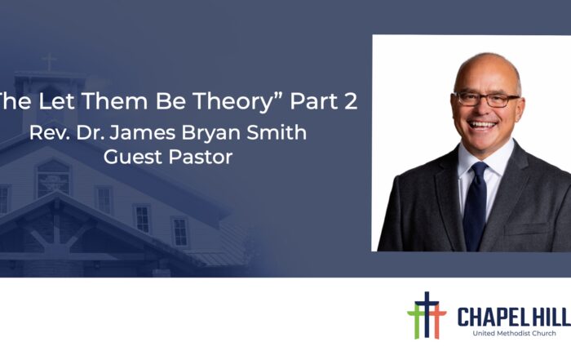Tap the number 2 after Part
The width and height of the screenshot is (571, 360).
point(350,101)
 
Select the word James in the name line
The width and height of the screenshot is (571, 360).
point(143,132)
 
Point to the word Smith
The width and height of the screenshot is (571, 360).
point(277,132)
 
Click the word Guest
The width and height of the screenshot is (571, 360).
point(133,157)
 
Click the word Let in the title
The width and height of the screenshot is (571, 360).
point(56,101)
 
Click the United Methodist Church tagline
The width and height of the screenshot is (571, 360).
point(514,333)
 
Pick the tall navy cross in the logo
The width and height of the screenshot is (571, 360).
point(427,314)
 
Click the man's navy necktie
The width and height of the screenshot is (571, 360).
point(476,207)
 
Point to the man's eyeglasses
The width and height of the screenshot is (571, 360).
point(486,99)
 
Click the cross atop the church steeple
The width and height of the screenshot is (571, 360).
point(49,62)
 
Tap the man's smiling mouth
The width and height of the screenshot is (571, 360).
point(483,126)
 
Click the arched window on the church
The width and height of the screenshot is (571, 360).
point(53,179)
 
